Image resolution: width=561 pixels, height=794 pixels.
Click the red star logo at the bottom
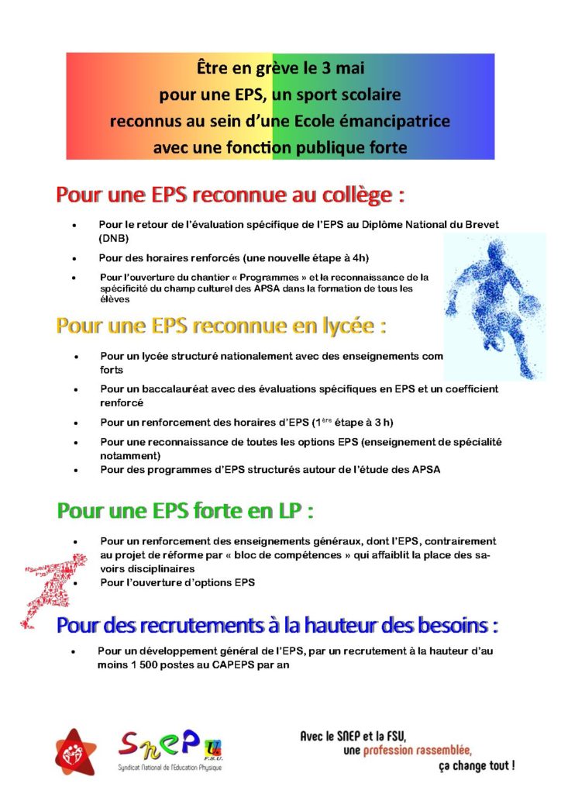coord(76,752)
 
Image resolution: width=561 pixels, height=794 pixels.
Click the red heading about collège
coord(230,195)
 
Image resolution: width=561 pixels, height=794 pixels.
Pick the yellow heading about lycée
coord(221,326)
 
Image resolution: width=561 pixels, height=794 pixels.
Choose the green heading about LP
coord(186,512)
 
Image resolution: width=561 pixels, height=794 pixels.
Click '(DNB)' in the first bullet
coord(113,238)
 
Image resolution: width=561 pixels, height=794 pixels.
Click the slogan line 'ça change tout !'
coord(476,765)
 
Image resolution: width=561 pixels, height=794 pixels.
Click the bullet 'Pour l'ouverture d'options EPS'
coord(177,582)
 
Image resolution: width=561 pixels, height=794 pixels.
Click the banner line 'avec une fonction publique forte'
coord(280,145)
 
